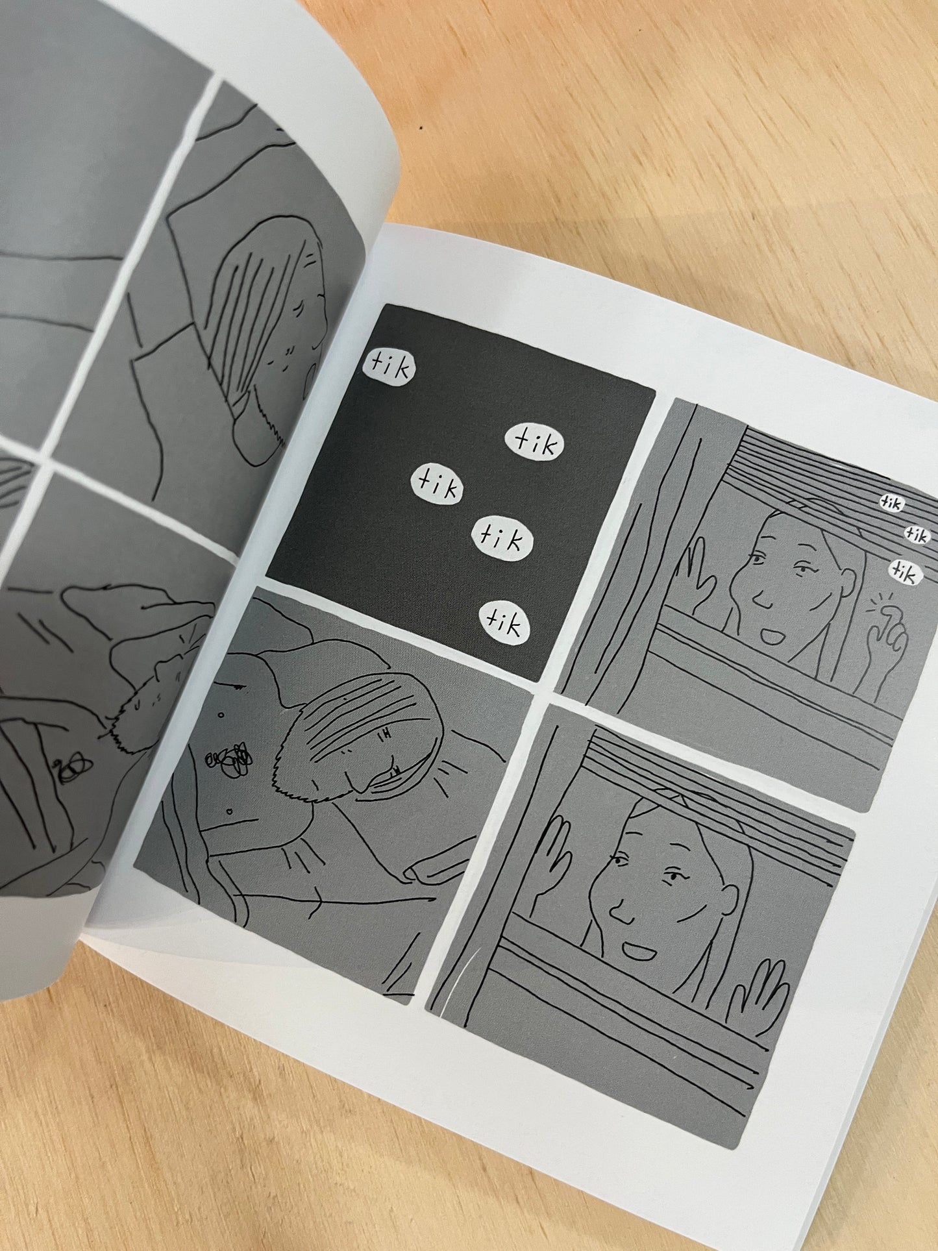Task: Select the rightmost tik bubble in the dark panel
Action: pyautogui.click(x=534, y=443)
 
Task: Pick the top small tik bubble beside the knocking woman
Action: pyautogui.click(x=893, y=502)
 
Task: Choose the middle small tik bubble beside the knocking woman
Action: pyautogui.click(x=917, y=534)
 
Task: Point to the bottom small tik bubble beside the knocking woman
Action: pyautogui.click(x=904, y=572)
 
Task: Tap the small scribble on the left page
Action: pyautogui.click(x=68, y=773)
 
